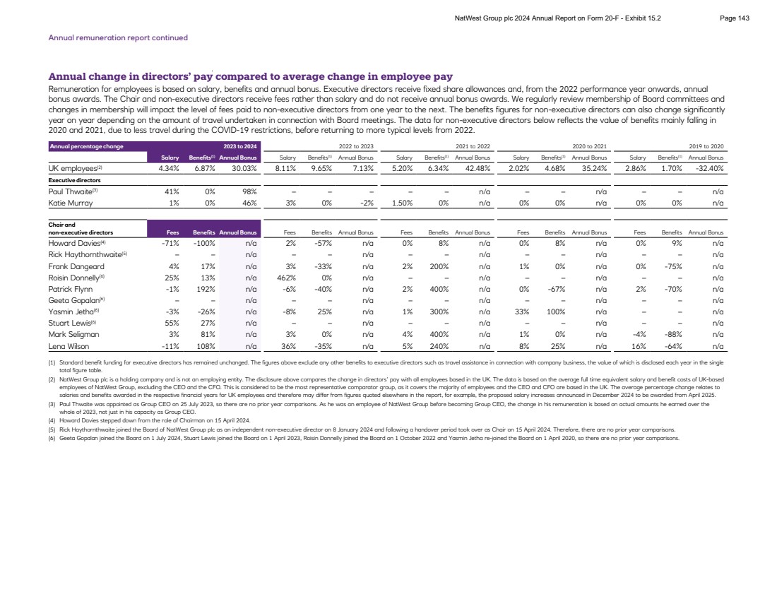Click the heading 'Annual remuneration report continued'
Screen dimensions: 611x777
[x=117, y=37]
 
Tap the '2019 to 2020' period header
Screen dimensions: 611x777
[x=709, y=146]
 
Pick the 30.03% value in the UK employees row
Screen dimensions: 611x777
[x=241, y=168]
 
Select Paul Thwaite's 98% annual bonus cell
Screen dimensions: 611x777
[x=249, y=191]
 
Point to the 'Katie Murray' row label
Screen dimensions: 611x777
[x=71, y=203]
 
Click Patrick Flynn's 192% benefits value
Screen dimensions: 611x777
[x=198, y=290]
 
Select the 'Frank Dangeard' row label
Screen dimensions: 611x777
[x=76, y=266]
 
